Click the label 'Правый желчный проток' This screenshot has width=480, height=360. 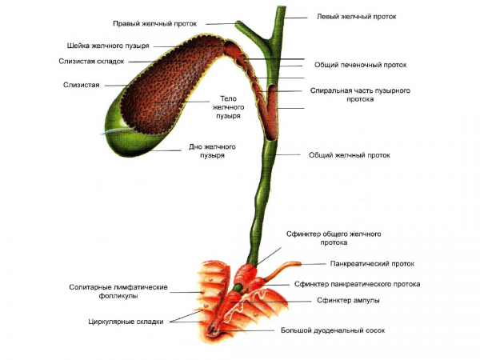(161, 23)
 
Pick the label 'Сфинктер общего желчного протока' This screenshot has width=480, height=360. (332, 238)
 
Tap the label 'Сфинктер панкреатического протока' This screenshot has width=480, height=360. (357, 284)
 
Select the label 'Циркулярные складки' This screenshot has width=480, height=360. (126, 322)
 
